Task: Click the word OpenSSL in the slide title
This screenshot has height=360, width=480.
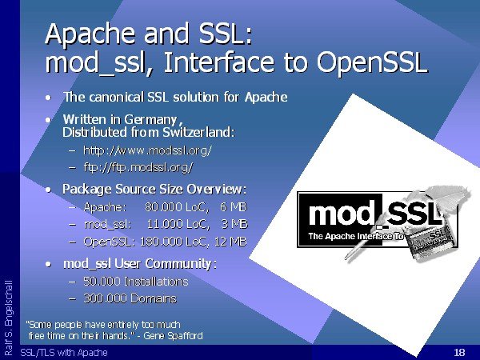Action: [372, 62]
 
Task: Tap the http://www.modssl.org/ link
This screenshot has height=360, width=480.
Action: [147, 150]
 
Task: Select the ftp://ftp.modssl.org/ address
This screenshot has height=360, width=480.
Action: [138, 167]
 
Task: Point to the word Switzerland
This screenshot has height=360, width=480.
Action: [198, 132]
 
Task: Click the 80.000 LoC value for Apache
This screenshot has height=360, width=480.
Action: [177, 207]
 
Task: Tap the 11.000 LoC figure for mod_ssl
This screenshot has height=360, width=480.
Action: [178, 224]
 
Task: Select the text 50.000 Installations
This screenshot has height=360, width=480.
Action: [136, 282]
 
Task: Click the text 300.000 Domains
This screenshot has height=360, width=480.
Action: [130, 298]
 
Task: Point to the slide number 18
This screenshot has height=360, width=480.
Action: [459, 352]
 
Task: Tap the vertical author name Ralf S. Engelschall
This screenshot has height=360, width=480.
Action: [9, 318]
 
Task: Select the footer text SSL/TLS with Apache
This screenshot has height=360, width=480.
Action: [64, 353]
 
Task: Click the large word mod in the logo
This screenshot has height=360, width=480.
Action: [342, 214]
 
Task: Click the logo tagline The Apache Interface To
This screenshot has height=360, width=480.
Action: [356, 236]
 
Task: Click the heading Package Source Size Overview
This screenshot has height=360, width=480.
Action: [154, 190]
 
